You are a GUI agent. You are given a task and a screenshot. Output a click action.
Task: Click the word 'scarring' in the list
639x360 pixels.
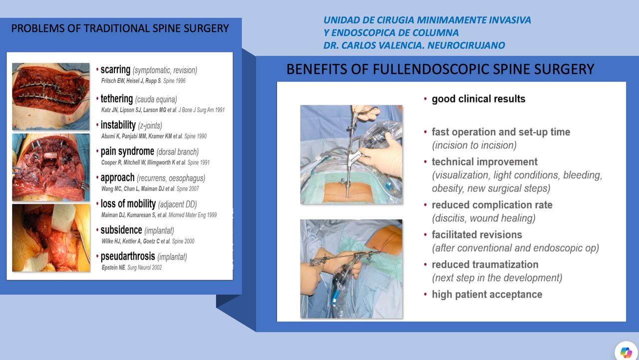coord(115,70)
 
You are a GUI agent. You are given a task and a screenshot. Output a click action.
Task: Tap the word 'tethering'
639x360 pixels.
coord(116,99)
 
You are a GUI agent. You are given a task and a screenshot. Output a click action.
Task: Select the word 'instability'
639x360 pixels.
coord(118,125)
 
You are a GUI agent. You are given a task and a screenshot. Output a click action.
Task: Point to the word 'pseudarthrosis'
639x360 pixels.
coord(127,257)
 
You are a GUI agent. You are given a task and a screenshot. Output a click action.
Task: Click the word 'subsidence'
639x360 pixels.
coord(121,230)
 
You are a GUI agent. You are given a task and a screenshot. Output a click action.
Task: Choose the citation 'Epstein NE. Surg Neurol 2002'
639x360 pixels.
coord(132,268)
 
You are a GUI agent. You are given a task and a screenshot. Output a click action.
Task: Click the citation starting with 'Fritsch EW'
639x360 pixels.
coord(143,81)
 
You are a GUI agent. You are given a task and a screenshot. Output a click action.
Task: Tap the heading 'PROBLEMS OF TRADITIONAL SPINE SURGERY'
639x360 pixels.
coord(120,28)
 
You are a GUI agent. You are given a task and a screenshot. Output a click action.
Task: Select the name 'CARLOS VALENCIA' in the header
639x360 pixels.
coord(382,45)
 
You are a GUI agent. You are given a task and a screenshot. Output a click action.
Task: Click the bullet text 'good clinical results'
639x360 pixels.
coord(478,99)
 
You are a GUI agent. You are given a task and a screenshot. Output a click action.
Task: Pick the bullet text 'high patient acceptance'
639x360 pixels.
coord(487,294)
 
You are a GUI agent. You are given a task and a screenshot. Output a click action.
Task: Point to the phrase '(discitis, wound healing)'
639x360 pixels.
coord(484,218)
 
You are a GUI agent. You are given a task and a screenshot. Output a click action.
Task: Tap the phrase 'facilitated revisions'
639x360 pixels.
coord(477,235)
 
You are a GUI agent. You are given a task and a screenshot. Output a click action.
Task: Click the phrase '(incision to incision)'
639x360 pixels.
coord(474,145)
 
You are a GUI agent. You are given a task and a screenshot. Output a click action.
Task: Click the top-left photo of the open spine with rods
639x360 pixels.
coord(51,96)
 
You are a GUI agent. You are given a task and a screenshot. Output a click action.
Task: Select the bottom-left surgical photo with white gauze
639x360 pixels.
coord(51,238)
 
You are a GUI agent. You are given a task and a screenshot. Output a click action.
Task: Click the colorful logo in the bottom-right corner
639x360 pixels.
coord(626,353)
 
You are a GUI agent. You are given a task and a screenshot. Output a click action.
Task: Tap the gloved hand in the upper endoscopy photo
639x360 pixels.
coord(382,159)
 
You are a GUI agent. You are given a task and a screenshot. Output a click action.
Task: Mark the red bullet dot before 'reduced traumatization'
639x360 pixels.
coord(425,265)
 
